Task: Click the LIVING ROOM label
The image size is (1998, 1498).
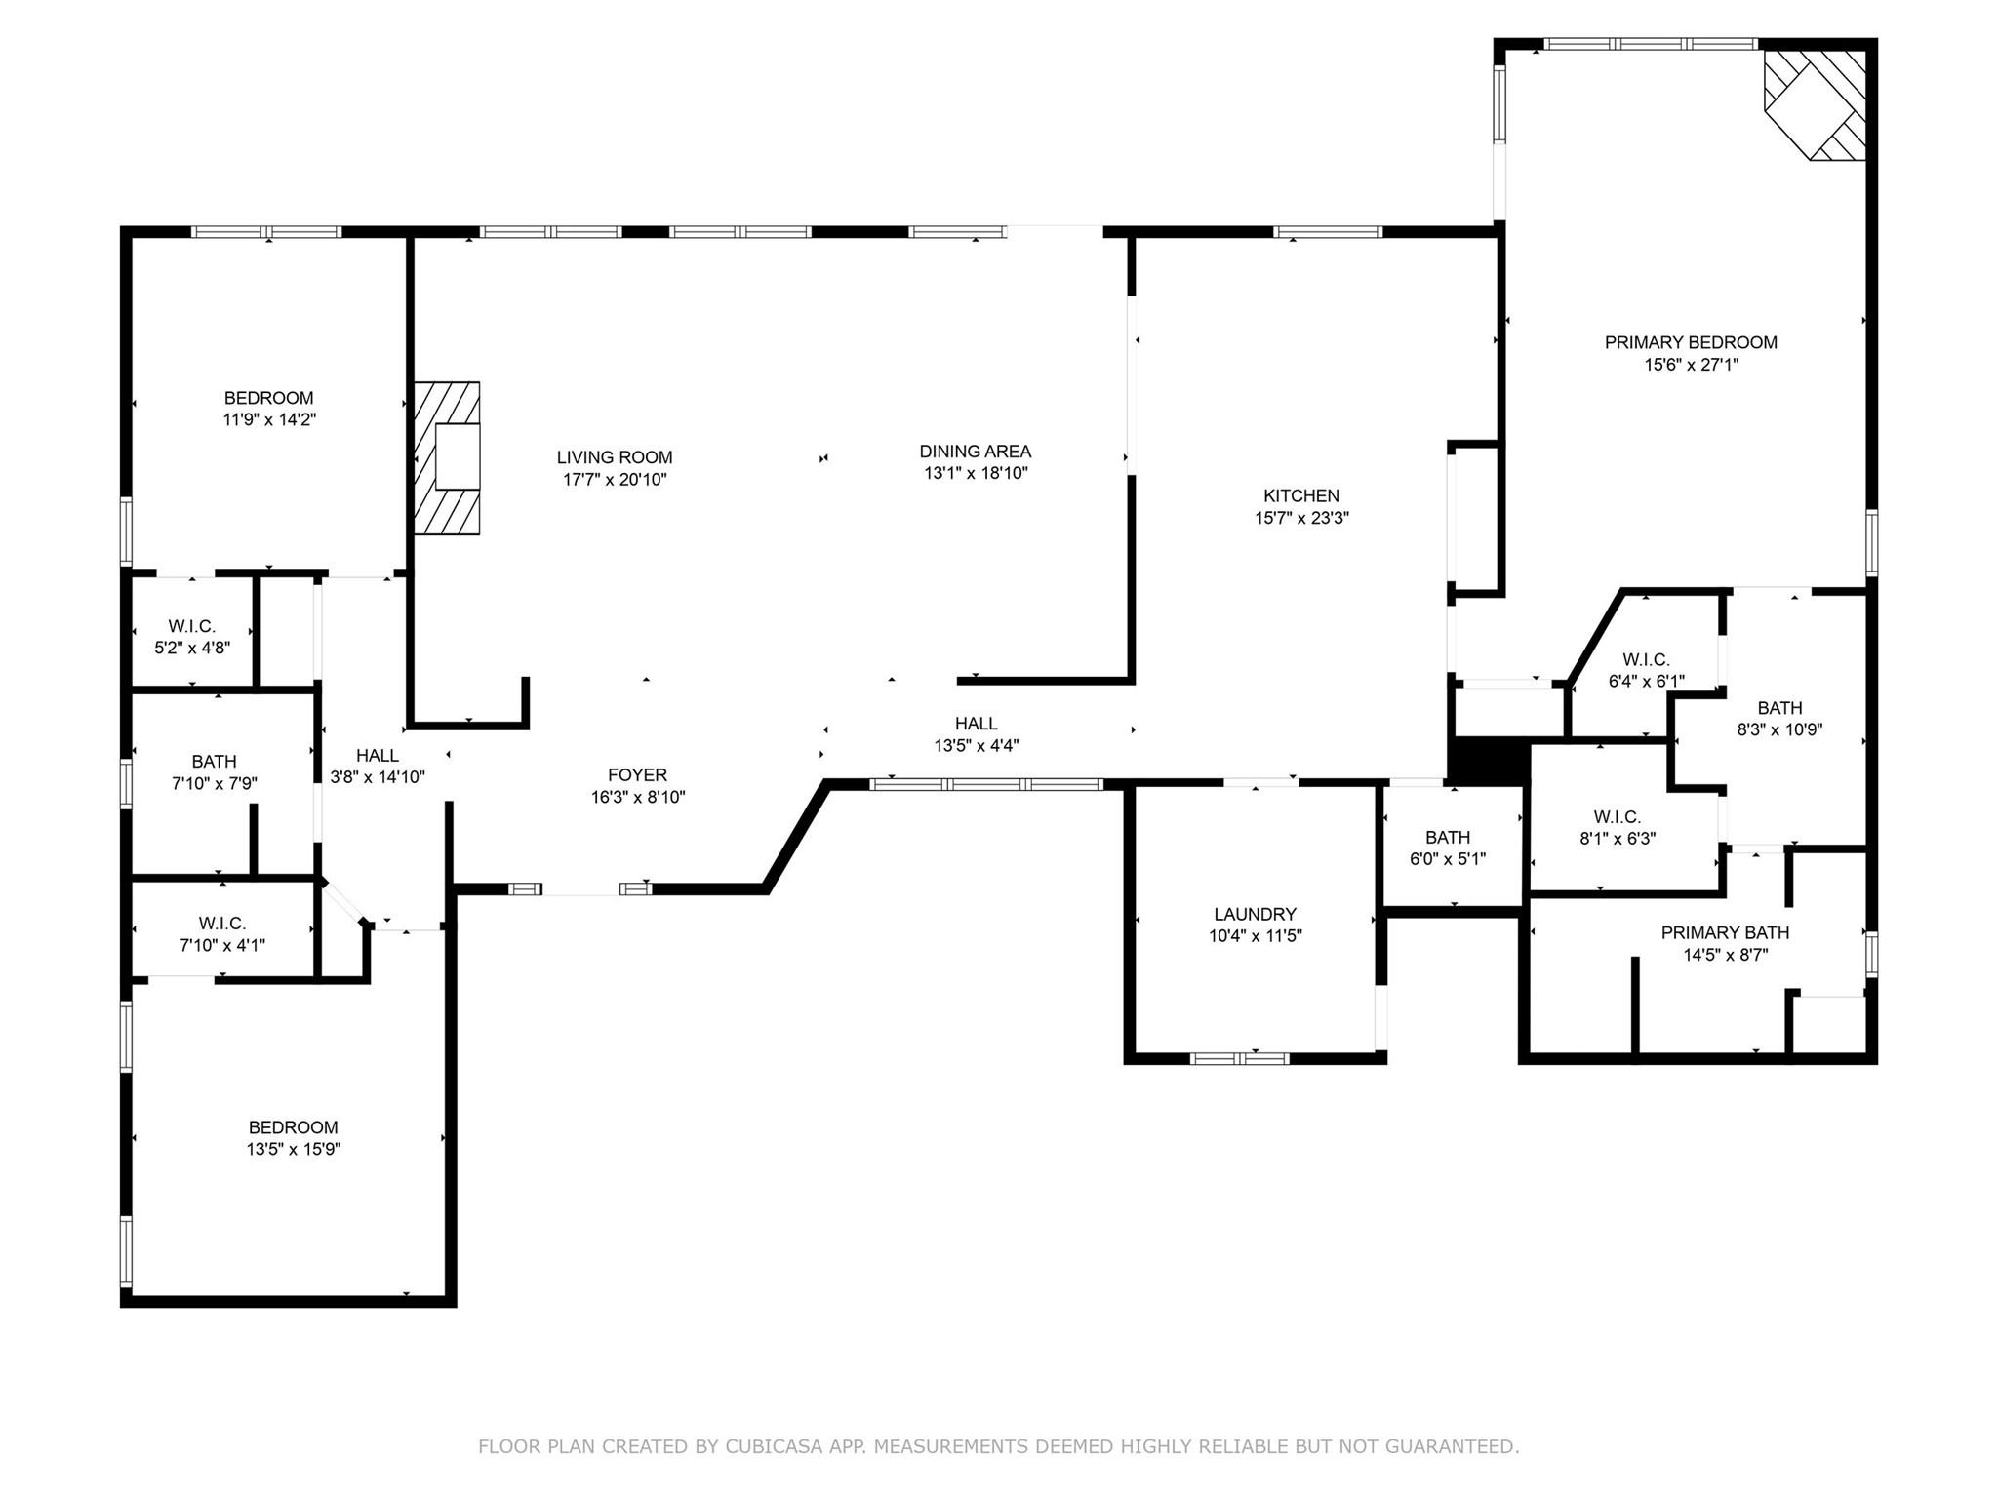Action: (x=615, y=457)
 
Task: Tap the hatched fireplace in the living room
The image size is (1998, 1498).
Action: (x=447, y=458)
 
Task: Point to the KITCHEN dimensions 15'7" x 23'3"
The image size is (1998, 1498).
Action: (x=1301, y=518)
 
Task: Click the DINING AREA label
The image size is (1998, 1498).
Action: (x=975, y=452)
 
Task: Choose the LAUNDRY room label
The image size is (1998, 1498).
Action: (x=1255, y=914)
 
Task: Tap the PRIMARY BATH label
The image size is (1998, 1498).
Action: (x=1725, y=933)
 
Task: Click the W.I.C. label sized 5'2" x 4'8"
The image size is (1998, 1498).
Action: (x=192, y=626)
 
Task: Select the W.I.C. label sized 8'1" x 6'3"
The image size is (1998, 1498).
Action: (x=1618, y=817)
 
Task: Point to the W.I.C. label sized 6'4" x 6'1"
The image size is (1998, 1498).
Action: (x=1646, y=660)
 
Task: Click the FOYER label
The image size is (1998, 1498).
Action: (x=637, y=775)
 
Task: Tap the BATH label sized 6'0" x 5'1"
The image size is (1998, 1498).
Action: (x=1448, y=838)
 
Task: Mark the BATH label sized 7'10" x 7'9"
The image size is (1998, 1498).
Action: (x=214, y=762)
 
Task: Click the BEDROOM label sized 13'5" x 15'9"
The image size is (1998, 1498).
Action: (x=293, y=1127)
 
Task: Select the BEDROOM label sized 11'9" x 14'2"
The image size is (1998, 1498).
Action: (x=268, y=398)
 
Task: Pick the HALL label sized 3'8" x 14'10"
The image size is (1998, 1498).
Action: (x=377, y=756)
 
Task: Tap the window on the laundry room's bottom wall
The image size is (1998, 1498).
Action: (x=1239, y=1058)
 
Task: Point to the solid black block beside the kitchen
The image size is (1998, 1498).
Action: (x=1487, y=760)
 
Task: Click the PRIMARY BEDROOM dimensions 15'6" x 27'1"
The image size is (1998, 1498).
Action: (x=1691, y=365)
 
